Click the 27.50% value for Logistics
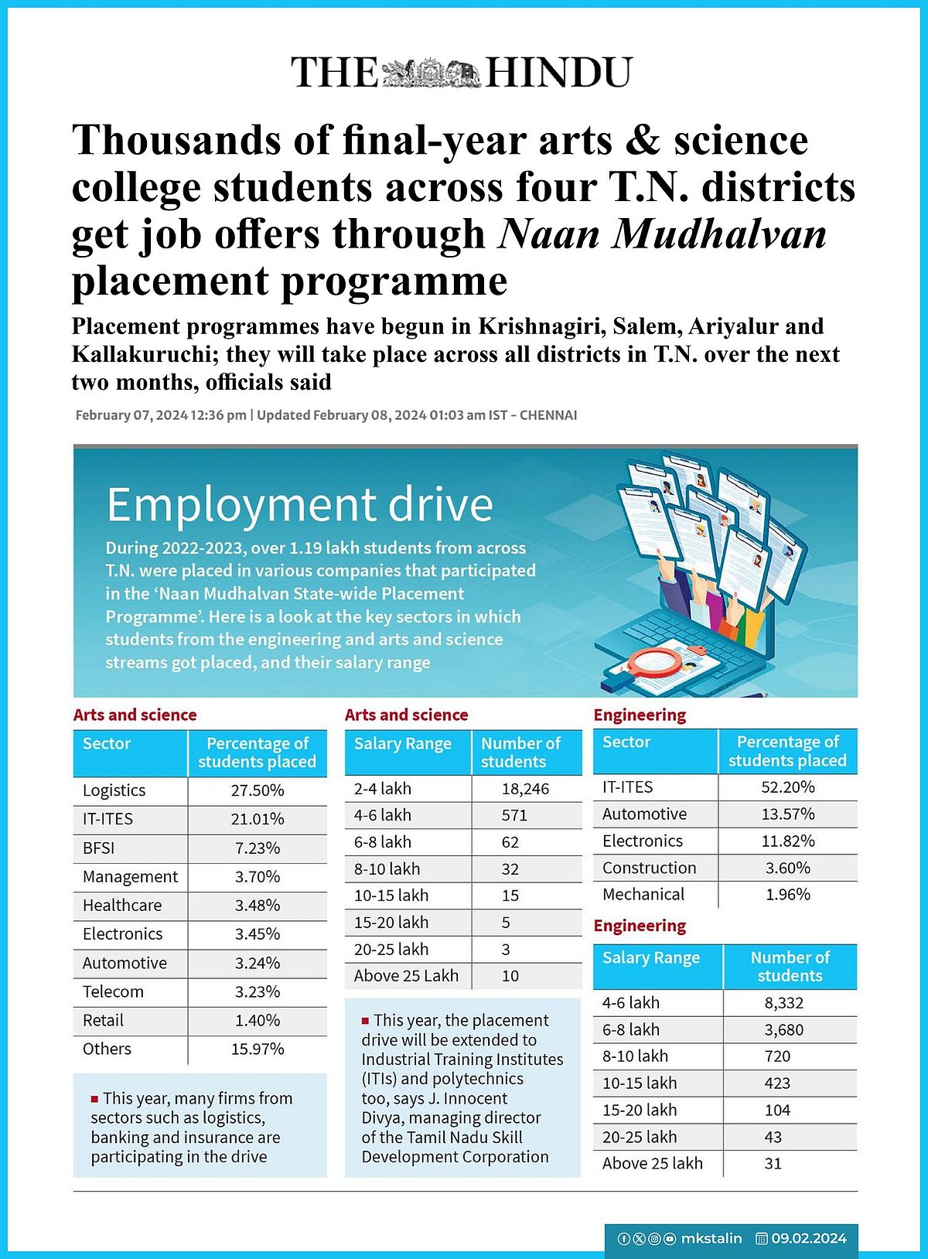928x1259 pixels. point(258,790)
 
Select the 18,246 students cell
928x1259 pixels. point(525,789)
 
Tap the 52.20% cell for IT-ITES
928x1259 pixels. point(787,787)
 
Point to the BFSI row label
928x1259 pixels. point(99,848)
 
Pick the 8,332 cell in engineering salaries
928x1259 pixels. point(783,1003)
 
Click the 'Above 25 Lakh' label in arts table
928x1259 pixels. point(406,976)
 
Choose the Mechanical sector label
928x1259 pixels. point(643,895)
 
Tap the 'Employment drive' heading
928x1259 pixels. point(299,505)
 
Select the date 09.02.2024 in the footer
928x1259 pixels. point(808,1238)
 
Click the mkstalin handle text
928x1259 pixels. point(711,1238)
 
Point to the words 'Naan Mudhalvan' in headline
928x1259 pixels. point(663,234)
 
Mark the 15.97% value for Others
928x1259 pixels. point(258,1049)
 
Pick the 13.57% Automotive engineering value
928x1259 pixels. point(787,814)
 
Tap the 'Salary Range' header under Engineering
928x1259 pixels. point(651,957)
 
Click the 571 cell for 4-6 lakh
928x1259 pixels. point(514,816)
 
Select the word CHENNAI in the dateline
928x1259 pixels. point(548,415)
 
